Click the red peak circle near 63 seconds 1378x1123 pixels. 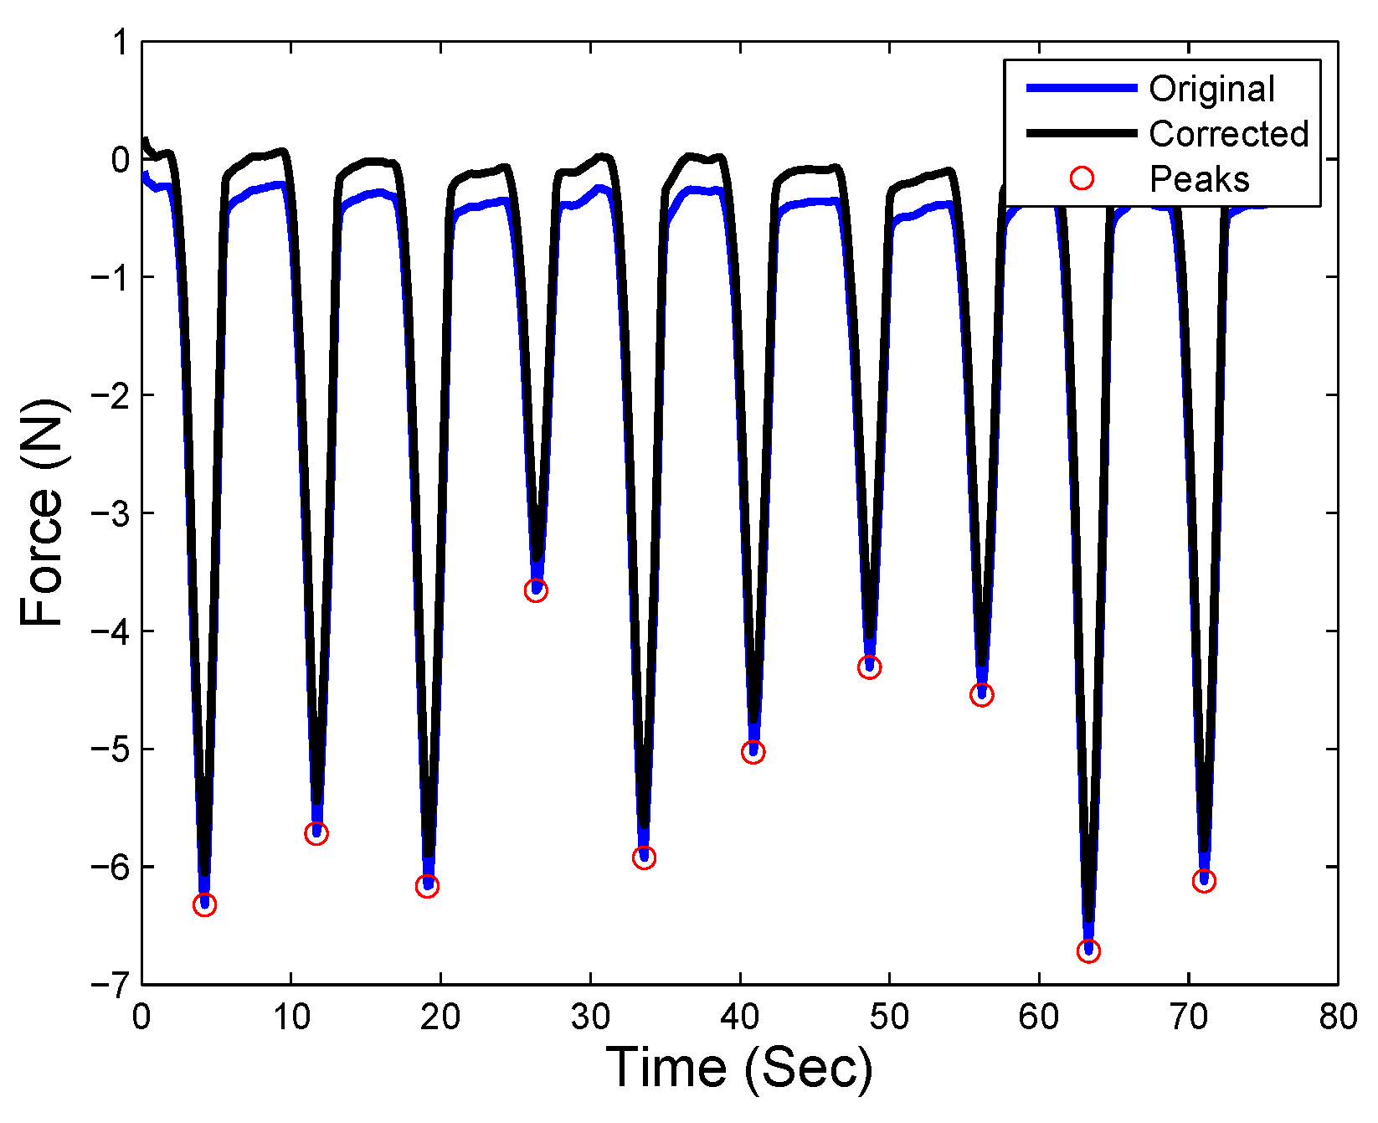(1088, 951)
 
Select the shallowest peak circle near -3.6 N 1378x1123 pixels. (536, 590)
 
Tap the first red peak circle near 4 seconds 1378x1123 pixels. (204, 904)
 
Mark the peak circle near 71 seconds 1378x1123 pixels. (1204, 881)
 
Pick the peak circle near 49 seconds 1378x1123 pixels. (869, 667)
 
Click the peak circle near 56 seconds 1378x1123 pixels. (981, 694)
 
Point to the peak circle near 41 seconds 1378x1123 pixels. (753, 752)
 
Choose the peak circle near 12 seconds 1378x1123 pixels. (316, 833)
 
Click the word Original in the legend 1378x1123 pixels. (1211, 89)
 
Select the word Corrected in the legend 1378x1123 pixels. (1228, 134)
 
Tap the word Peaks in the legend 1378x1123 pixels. (1199, 179)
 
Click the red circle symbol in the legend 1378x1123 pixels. (1082, 178)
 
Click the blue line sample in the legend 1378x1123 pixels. (1082, 88)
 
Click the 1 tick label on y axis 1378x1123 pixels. (120, 42)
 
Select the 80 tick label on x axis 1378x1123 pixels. (1337, 1017)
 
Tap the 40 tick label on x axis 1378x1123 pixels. (739, 1017)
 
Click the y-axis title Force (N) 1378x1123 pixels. (42, 513)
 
